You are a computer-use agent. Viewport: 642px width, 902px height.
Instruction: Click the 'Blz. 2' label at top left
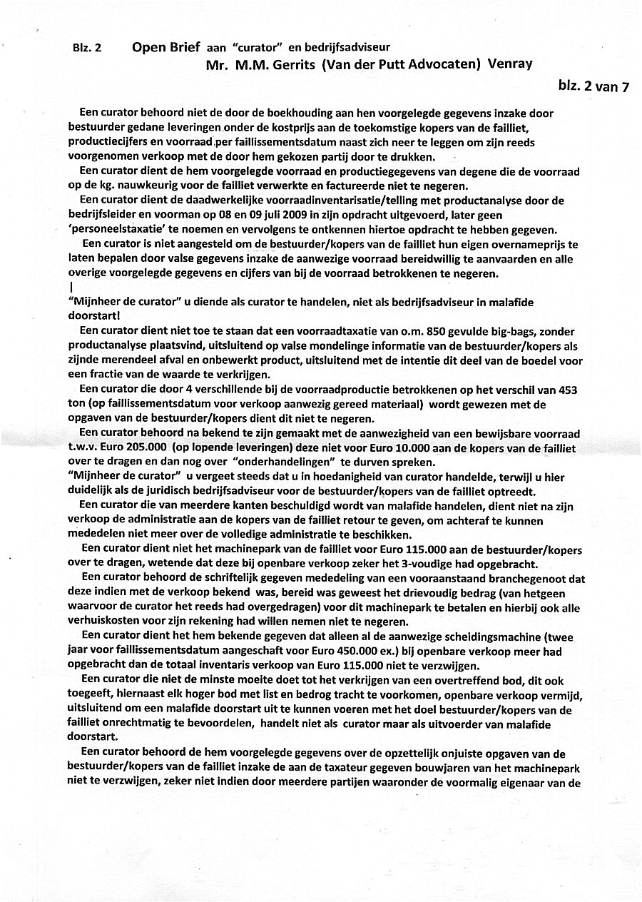click(86, 49)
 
